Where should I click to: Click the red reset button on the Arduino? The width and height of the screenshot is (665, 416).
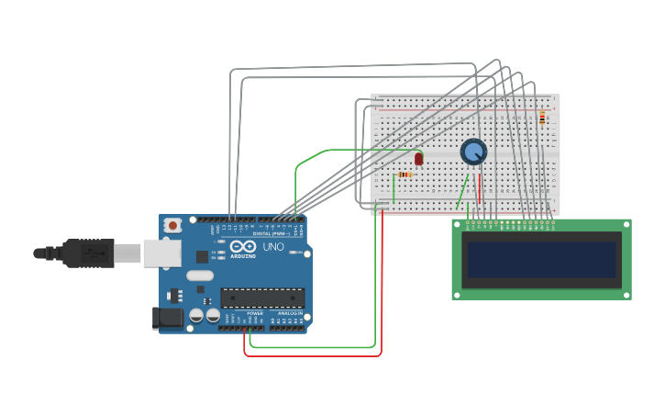(172, 225)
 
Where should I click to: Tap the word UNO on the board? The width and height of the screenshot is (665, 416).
(273, 247)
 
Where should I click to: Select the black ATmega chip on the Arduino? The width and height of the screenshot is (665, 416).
(262, 297)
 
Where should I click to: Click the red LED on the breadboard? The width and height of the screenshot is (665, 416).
(419, 158)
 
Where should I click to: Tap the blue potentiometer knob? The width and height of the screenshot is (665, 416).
(473, 152)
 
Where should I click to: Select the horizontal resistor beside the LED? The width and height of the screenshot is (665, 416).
(405, 174)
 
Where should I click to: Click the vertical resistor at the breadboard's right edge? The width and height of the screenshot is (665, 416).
(542, 117)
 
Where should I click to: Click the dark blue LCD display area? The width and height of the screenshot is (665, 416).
(541, 259)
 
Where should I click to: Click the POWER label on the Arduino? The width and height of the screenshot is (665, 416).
(255, 313)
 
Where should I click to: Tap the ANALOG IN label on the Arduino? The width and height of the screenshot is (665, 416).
(289, 313)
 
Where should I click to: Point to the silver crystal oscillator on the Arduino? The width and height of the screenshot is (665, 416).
(199, 275)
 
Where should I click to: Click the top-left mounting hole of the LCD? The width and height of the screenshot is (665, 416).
(457, 224)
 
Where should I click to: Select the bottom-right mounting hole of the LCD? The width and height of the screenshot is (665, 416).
(626, 295)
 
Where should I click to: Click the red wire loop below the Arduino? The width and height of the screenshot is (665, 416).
(312, 354)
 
